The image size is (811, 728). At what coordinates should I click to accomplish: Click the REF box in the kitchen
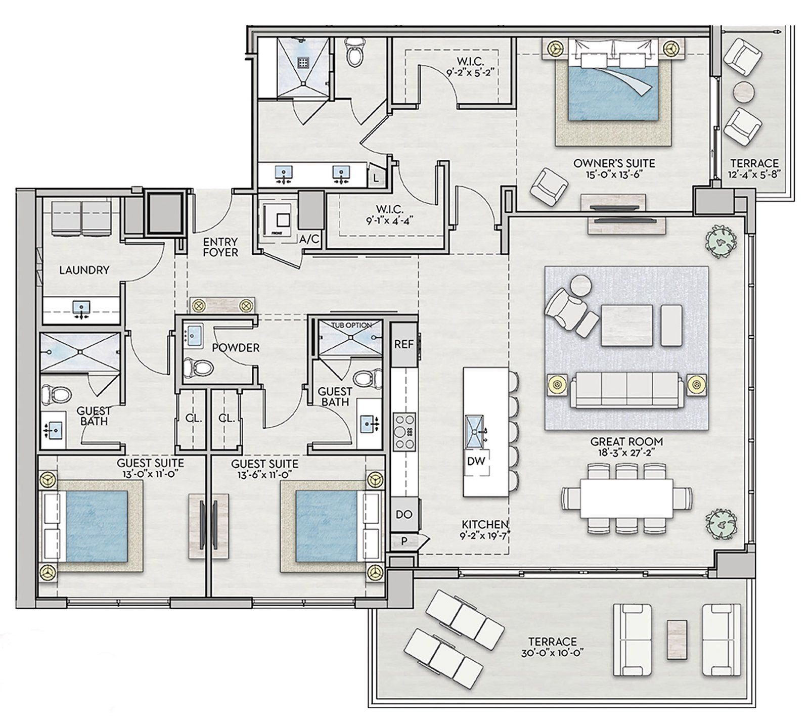click(x=403, y=344)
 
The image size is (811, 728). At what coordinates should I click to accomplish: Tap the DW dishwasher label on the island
click(x=477, y=461)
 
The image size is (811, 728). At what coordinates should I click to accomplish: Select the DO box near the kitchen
click(x=403, y=514)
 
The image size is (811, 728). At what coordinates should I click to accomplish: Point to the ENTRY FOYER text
click(x=220, y=247)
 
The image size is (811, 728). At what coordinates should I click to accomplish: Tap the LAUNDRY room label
click(x=84, y=270)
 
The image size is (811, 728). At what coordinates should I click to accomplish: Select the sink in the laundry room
click(x=81, y=308)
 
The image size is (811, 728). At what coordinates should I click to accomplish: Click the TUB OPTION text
click(x=351, y=325)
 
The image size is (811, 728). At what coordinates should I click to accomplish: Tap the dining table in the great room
click(x=626, y=503)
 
